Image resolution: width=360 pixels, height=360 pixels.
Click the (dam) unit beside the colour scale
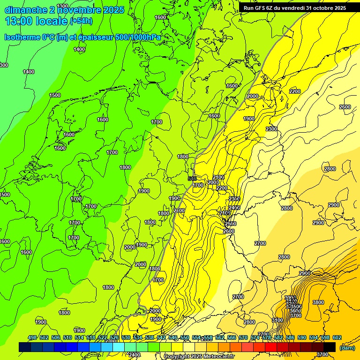pos(346,347)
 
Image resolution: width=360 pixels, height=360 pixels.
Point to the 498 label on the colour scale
pos(32,338)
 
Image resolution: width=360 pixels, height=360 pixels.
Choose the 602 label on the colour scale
pos(337,338)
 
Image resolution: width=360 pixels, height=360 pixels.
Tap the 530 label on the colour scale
pos(126,338)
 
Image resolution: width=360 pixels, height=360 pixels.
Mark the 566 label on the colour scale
pos(232,338)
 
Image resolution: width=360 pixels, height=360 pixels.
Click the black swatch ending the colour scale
pos(330,347)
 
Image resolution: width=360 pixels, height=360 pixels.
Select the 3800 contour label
pos(318,302)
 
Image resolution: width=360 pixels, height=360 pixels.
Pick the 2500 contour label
pos(231,224)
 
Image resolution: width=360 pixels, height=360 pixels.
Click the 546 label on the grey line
pos(191,179)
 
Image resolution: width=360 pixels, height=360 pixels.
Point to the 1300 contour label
pos(62,5)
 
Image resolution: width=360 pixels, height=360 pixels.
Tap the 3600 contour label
pos(295,311)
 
